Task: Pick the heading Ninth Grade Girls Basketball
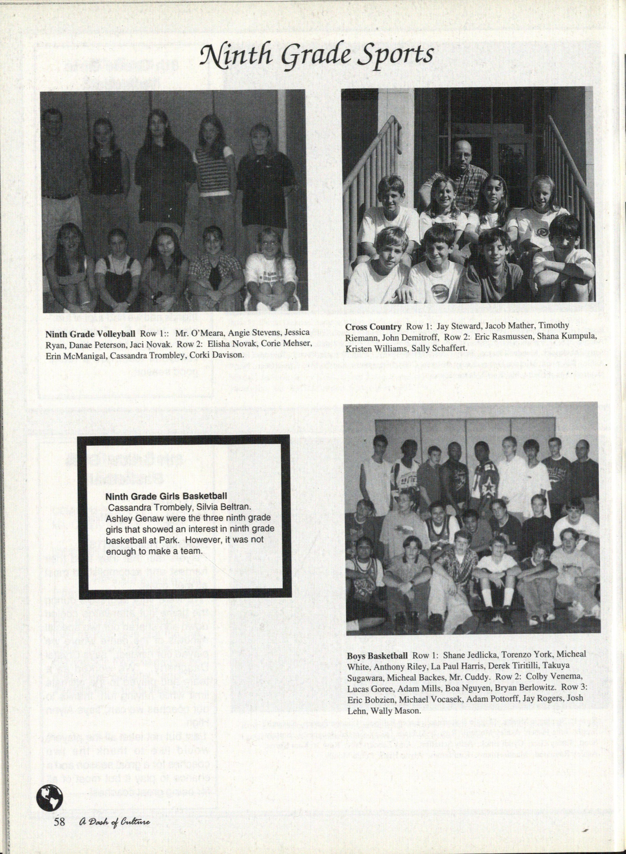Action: (166, 496)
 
